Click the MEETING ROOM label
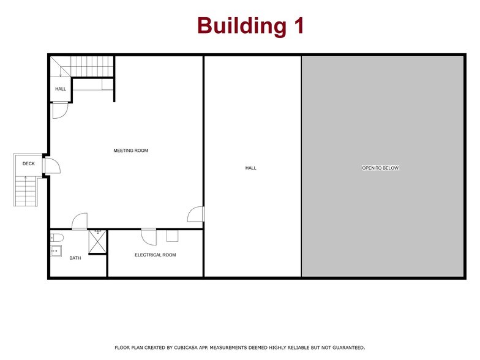click(130, 151)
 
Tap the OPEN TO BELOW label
click(380, 168)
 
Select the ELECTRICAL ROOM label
click(155, 255)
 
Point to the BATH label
click(75, 258)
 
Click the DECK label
click(28, 164)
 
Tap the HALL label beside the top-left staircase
click(61, 89)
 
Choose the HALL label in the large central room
click(250, 168)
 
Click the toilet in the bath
click(56, 237)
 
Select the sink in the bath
click(56, 250)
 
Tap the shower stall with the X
click(97, 242)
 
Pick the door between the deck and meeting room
click(51, 167)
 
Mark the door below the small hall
click(59, 110)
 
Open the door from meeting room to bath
click(80, 222)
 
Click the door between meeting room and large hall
click(196, 214)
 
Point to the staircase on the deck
click(26, 191)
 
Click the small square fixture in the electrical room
click(172, 236)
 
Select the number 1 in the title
click(297, 26)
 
